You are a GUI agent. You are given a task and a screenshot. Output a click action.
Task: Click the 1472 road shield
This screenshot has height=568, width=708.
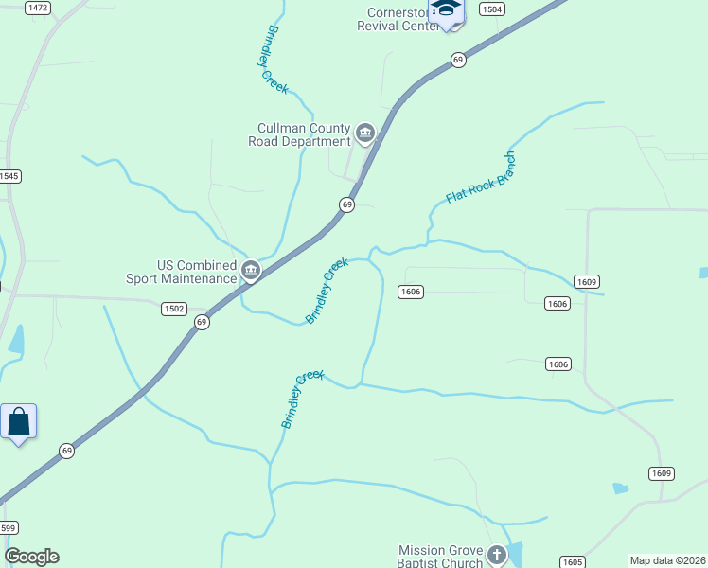[x=39, y=8]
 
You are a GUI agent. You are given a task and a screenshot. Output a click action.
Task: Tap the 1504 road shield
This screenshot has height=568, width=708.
[x=490, y=9]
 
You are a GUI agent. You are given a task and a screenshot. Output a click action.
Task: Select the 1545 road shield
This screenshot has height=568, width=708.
[x=9, y=176]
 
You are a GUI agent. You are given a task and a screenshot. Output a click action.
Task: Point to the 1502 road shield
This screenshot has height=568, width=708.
[x=173, y=309]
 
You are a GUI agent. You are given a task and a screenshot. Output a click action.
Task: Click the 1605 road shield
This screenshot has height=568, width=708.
[x=571, y=561]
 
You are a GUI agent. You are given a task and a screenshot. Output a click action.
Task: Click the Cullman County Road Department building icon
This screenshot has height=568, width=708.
[x=365, y=134]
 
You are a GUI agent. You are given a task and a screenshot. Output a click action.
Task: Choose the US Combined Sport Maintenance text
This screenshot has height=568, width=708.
[x=182, y=272]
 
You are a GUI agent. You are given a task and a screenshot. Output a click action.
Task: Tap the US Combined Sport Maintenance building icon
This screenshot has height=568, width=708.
[x=251, y=272]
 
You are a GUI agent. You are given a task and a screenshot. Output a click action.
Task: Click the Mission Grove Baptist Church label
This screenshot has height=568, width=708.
[x=440, y=556]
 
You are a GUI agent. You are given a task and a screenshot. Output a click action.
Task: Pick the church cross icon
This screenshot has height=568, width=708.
[x=498, y=555]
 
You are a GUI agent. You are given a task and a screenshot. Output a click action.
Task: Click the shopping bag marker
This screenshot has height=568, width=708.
[x=19, y=421]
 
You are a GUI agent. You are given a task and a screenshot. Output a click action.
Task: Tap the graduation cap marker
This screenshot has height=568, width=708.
[x=446, y=9]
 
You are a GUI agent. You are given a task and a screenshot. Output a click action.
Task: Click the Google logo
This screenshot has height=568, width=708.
[x=31, y=557]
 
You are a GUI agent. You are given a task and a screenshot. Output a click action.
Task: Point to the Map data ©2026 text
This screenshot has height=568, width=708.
[x=667, y=560]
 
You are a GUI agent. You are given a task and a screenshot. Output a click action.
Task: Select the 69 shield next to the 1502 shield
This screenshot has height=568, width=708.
[x=202, y=322]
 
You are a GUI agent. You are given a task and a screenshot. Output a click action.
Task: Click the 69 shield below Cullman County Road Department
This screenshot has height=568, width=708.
[x=347, y=204]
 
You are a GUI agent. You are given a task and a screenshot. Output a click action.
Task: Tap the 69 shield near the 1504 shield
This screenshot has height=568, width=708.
[x=458, y=60]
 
